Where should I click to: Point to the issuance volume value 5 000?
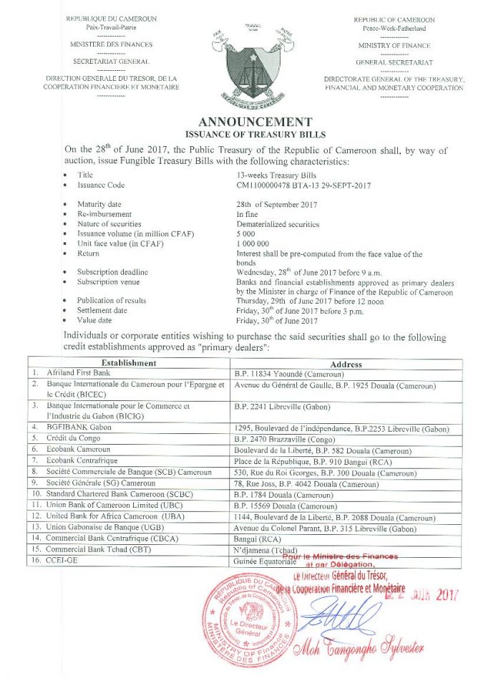pyautogui.click(x=246, y=234)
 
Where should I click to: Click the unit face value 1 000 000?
pyautogui.click(x=254, y=243)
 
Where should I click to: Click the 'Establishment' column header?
pyautogui.click(x=129, y=363)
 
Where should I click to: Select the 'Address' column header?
pyautogui.click(x=346, y=364)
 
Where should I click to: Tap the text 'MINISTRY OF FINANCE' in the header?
pyautogui.click(x=394, y=44)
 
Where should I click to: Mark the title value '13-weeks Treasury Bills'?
pyautogui.click(x=276, y=175)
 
